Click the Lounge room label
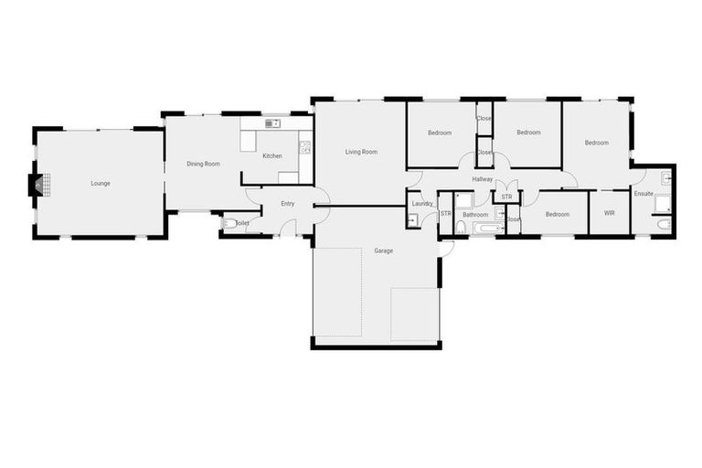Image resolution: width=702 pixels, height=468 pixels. (101, 183)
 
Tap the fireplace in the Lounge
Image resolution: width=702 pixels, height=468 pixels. (37, 186)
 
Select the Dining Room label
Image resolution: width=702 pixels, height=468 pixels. (204, 164)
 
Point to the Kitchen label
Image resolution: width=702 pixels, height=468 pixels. (272, 156)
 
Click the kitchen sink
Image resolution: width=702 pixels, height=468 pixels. (271, 123)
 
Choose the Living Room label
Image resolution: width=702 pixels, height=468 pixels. (361, 152)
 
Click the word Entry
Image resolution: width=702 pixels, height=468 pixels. (288, 204)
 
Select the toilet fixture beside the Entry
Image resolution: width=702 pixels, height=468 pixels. (229, 222)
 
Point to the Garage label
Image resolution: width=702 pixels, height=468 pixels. (384, 250)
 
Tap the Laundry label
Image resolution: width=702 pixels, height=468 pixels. (422, 204)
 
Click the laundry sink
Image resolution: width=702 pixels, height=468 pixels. (413, 219)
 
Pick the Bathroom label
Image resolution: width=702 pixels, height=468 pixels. (475, 215)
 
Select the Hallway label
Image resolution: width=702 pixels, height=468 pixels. (483, 179)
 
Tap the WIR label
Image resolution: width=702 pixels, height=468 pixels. (609, 214)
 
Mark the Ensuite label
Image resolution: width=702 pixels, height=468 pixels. (643, 193)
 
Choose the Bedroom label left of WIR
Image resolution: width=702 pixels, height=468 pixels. (558, 215)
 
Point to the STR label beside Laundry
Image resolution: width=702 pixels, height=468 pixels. (446, 214)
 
